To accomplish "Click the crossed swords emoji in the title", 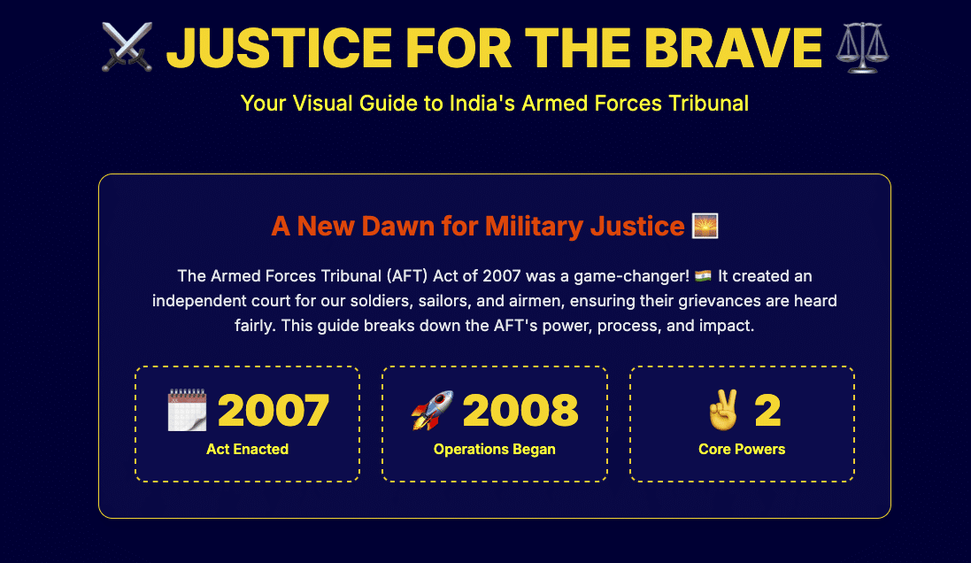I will [127, 47].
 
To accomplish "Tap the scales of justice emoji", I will [862, 47].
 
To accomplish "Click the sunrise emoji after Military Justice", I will [705, 226].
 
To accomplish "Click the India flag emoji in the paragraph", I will [704, 276].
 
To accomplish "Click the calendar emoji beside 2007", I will [187, 411].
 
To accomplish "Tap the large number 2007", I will [274, 411].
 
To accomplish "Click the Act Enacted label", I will [247, 449].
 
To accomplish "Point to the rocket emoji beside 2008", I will [432, 411].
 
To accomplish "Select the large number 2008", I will [520, 411].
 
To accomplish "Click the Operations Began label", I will [495, 449].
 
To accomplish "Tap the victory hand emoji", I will [723, 411].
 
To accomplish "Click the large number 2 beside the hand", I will [767, 411].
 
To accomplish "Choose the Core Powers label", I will [742, 449].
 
